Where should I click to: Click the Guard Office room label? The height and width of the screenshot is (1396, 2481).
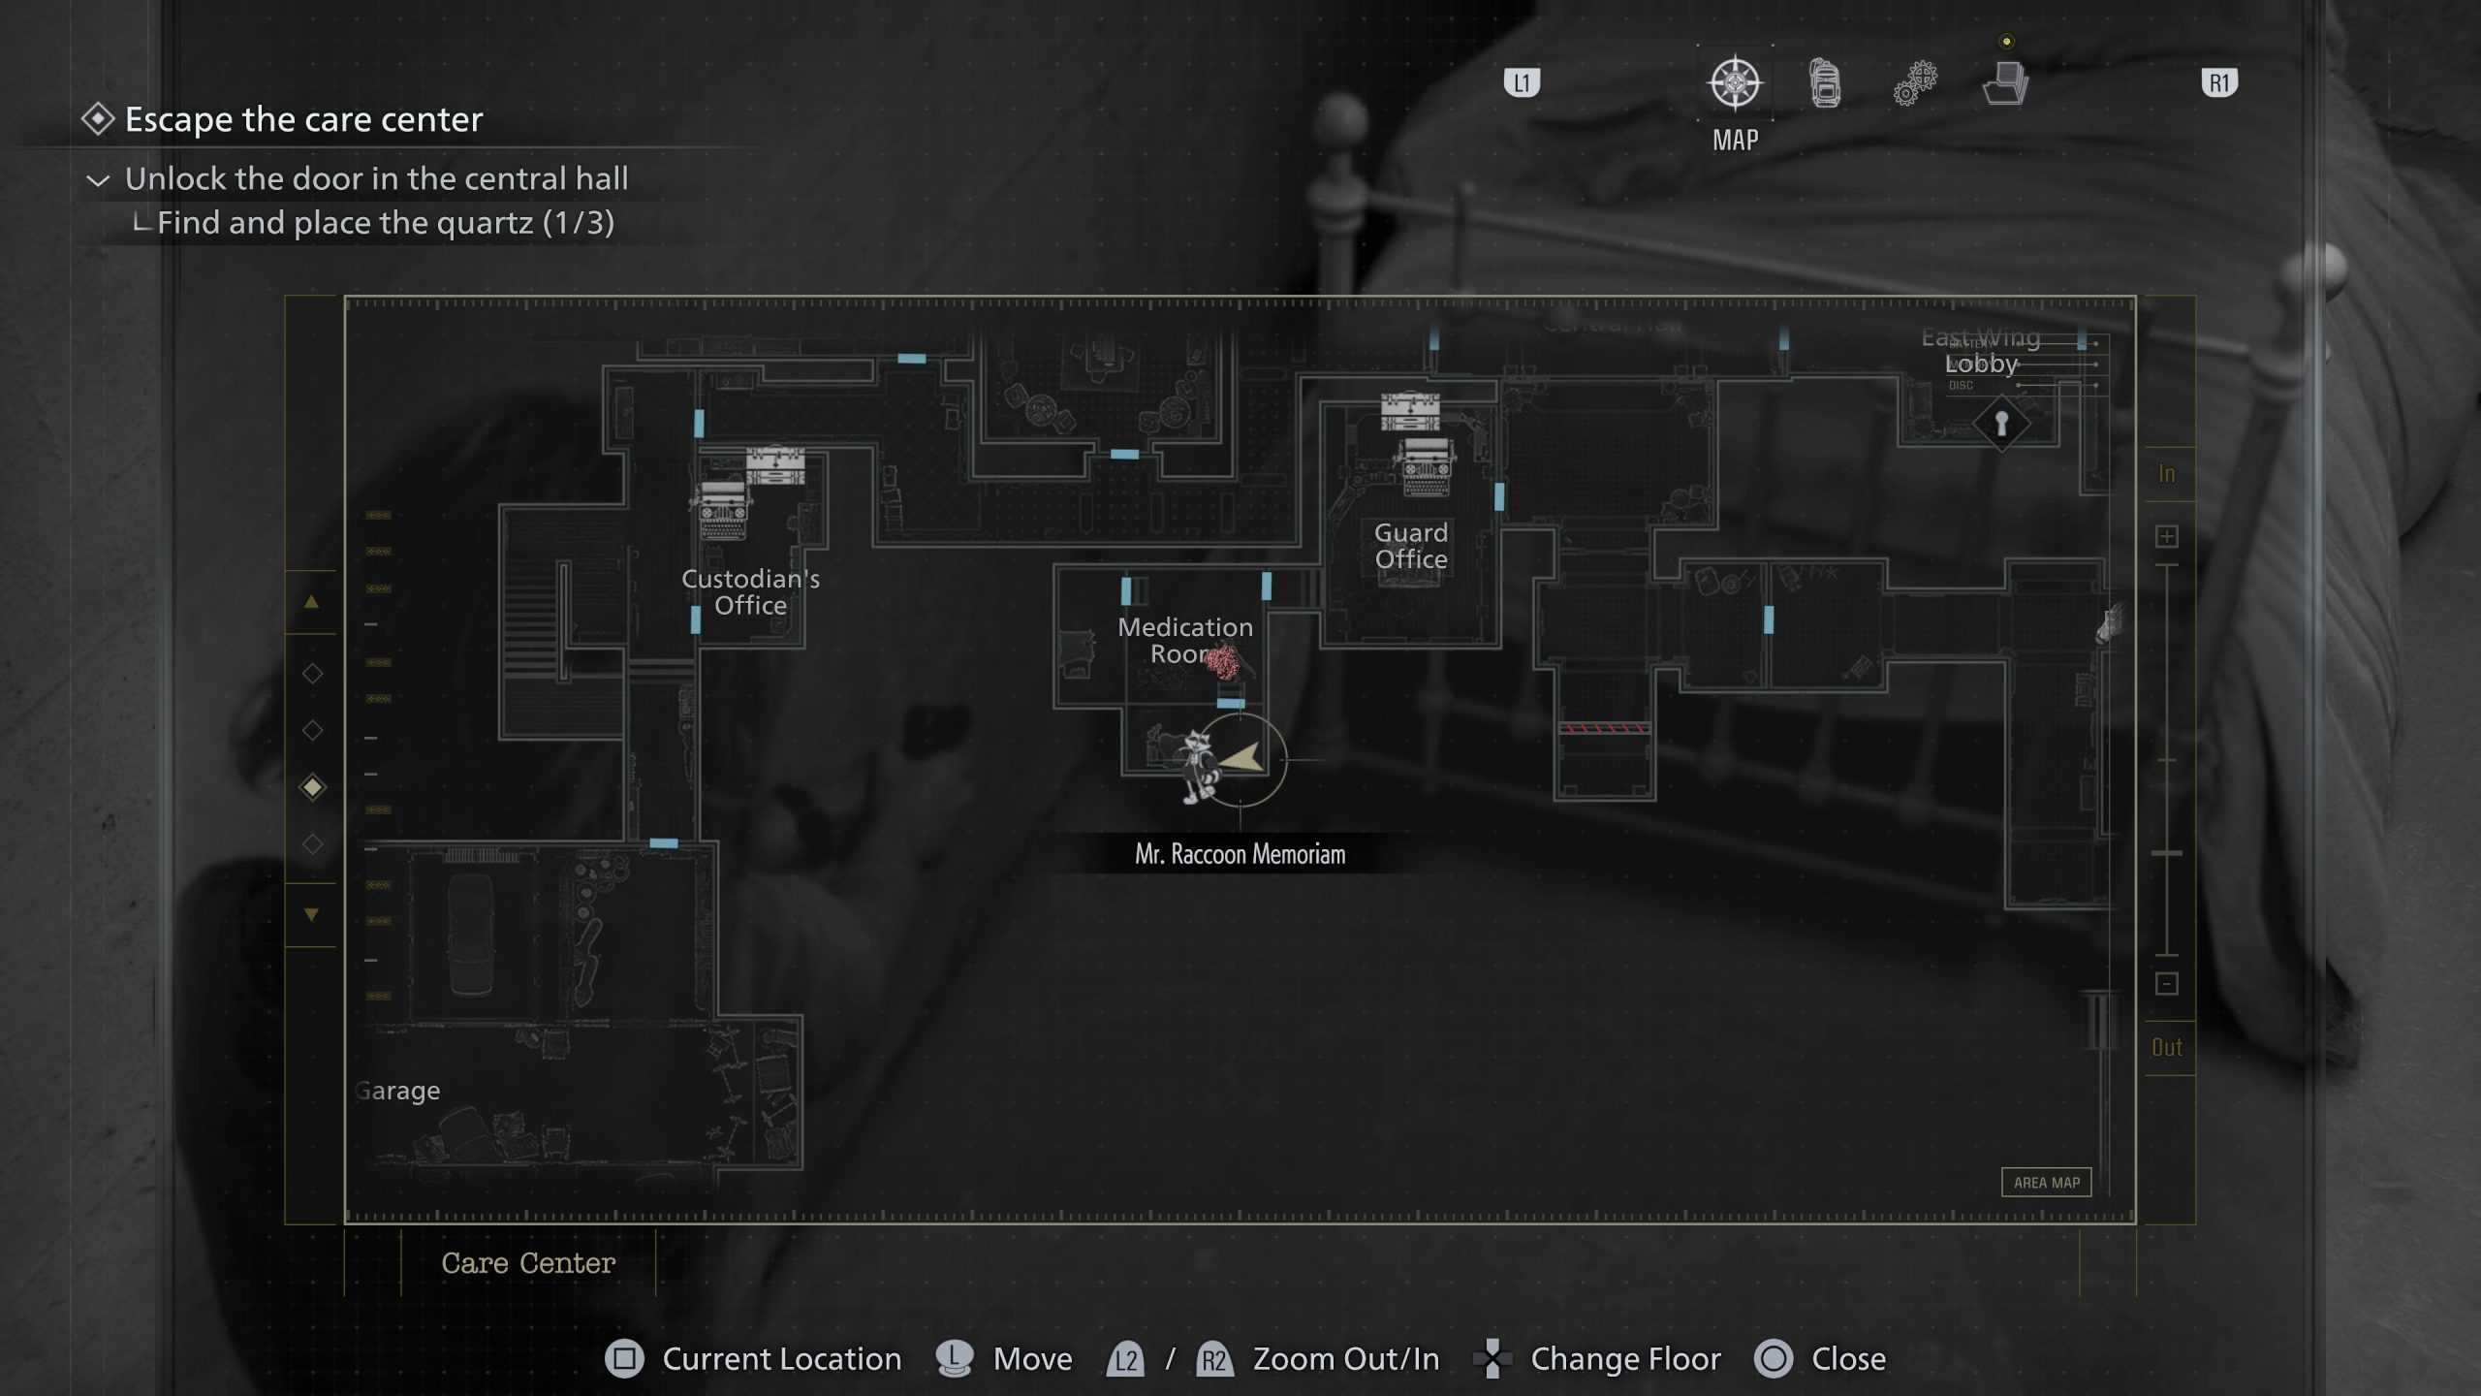(1410, 546)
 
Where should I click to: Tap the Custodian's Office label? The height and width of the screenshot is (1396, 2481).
(750, 591)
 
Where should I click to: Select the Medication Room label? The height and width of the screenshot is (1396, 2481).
(1184, 640)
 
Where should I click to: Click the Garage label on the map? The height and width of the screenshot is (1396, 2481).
(397, 1091)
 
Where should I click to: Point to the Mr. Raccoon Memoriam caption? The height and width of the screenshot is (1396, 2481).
(1240, 854)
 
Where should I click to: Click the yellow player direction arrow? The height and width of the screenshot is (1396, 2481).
(1243, 758)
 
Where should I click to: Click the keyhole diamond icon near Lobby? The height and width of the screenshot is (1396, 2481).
(2001, 424)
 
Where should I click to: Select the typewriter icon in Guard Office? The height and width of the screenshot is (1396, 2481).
(1426, 466)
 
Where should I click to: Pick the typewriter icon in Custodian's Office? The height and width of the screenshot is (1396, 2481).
(722, 510)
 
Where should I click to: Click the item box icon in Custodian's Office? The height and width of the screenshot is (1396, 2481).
(774, 465)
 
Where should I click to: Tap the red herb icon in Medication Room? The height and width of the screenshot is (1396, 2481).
(1222, 662)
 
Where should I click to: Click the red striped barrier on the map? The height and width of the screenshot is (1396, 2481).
(1603, 727)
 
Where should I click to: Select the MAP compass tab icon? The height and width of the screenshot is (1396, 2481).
(1735, 83)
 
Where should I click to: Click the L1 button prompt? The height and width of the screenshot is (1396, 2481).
(1522, 83)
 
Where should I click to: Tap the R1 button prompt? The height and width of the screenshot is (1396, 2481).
(2218, 83)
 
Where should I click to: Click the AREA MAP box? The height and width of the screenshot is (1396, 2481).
(2046, 1182)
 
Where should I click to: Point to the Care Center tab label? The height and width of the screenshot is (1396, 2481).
(528, 1263)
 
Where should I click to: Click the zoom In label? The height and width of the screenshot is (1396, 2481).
(2167, 474)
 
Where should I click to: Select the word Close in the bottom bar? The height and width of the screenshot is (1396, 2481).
(1848, 1359)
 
